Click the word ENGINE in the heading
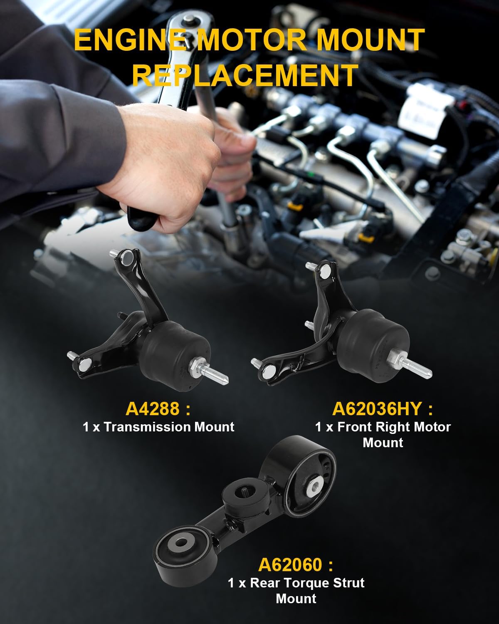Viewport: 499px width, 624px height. (x=129, y=41)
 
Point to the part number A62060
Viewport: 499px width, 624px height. (x=290, y=565)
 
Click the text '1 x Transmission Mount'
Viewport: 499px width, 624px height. (x=158, y=427)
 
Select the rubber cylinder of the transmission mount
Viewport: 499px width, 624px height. (x=177, y=349)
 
